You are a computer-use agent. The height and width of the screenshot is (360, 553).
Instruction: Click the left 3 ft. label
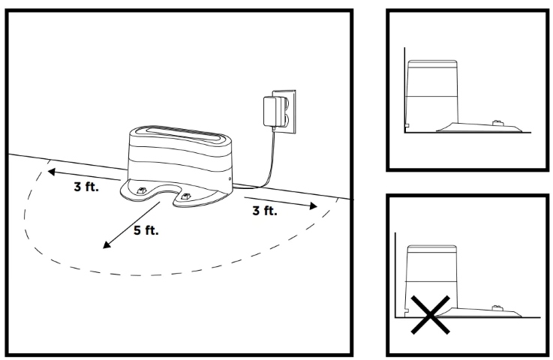85,187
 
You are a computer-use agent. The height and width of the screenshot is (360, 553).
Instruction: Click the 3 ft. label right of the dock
264,211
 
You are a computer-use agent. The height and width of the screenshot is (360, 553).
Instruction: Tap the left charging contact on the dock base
141,188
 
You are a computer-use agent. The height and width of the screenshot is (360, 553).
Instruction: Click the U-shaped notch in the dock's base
164,196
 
